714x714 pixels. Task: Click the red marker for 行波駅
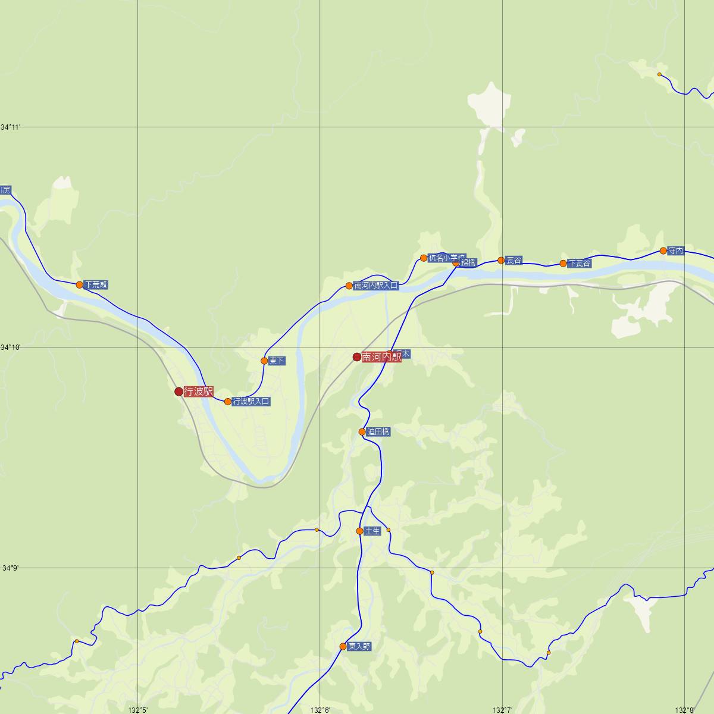pos(178,392)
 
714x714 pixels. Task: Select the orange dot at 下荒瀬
pos(80,284)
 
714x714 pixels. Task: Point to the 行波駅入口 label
pos(251,402)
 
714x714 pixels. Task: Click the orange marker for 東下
pos(264,361)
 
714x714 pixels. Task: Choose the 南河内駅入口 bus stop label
pos(375,286)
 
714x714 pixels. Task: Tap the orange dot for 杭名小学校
pos(424,258)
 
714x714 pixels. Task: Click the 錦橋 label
pos(468,262)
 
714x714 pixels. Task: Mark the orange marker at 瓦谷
pos(501,260)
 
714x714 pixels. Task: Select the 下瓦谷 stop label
pos(579,263)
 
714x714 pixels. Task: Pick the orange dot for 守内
pos(663,250)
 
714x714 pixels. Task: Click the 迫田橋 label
pos(378,432)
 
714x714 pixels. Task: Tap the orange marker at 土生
pos(359,531)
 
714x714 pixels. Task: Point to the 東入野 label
pos(359,646)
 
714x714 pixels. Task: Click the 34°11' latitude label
pos(11,127)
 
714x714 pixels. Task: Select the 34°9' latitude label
pos(11,568)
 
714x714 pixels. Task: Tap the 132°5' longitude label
pos(138,709)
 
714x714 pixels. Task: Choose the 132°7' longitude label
pos(503,709)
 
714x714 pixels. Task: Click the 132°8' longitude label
pos(685,709)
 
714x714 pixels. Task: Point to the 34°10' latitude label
pos(11,347)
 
